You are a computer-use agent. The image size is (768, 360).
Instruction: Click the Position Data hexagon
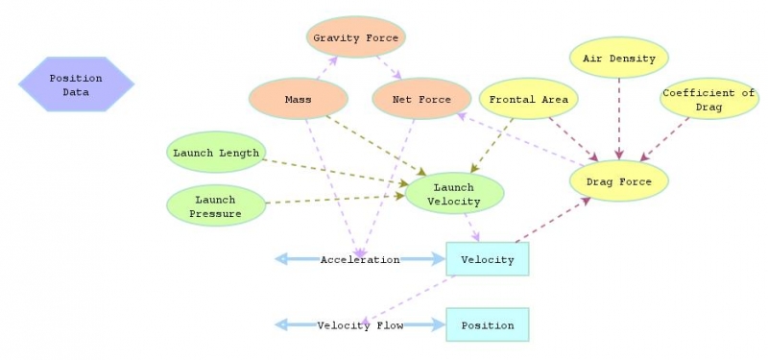pyautogui.click(x=76, y=85)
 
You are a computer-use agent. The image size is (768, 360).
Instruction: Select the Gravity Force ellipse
pyautogui.click(x=357, y=38)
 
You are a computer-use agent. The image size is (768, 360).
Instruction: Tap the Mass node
pyautogui.click(x=298, y=99)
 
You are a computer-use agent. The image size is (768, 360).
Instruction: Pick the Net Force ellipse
pyautogui.click(x=421, y=99)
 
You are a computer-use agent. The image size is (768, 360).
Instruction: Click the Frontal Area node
pyautogui.click(x=528, y=99)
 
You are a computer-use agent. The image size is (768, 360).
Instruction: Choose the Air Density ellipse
pyautogui.click(x=619, y=59)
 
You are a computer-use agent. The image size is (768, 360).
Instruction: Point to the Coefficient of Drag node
pyautogui.click(x=708, y=100)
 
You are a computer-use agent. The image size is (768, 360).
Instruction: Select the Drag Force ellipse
pyautogui.click(x=618, y=181)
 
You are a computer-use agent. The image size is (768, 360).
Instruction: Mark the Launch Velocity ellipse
pyautogui.click(x=454, y=194)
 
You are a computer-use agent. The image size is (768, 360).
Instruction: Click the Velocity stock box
pyautogui.click(x=487, y=259)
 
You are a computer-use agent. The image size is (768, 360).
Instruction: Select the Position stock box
pyautogui.click(x=487, y=325)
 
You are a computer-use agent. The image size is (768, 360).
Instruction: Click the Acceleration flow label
pyautogui.click(x=360, y=260)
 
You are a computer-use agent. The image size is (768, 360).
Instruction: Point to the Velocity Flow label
pyautogui.click(x=360, y=325)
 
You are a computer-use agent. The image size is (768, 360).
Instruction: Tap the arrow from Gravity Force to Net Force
pyautogui.click(x=389, y=67)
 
